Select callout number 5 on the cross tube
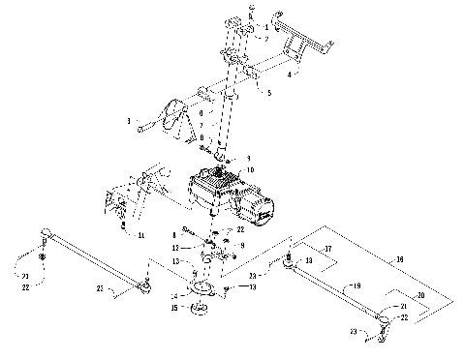[268, 94]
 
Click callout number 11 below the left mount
[141, 235]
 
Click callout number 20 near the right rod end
[418, 294]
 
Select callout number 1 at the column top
[250, 8]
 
